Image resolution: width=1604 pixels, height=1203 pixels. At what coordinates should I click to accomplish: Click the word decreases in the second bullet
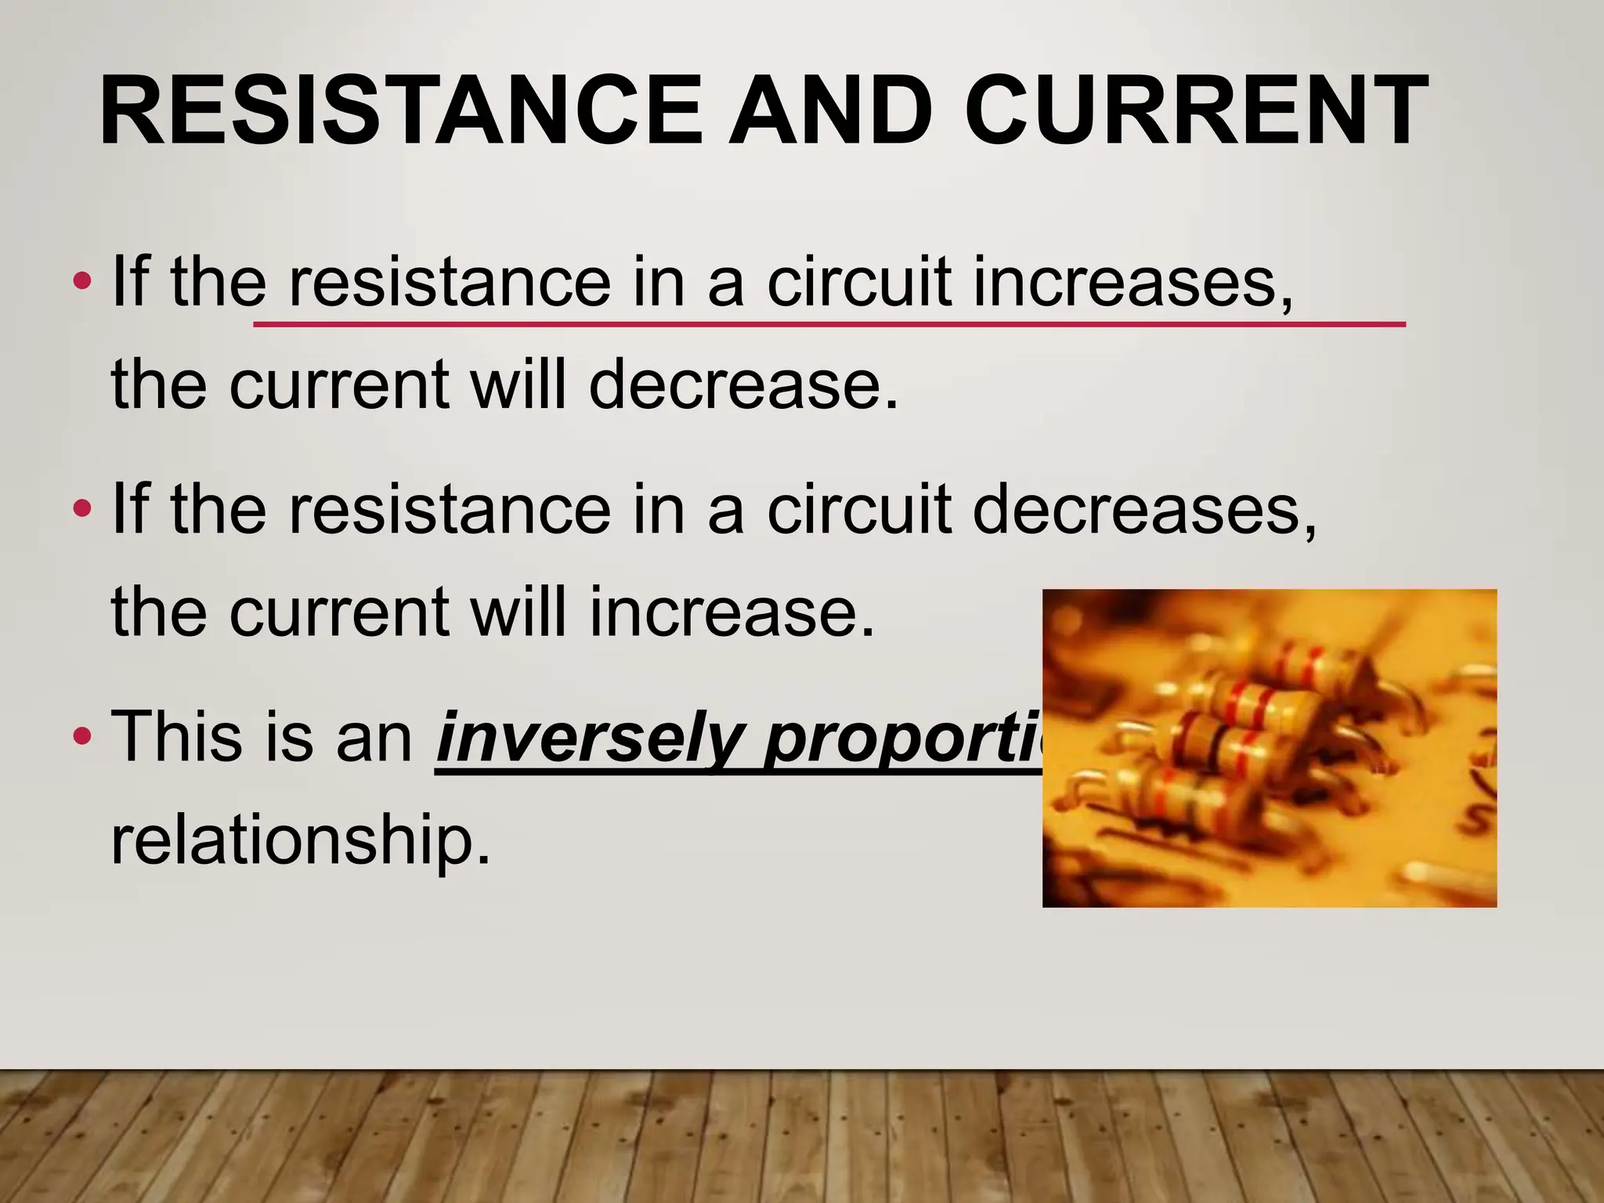[1144, 508]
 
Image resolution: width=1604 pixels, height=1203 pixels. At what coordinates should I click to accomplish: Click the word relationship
[301, 840]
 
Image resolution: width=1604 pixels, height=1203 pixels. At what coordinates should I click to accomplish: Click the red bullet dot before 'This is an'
[81, 737]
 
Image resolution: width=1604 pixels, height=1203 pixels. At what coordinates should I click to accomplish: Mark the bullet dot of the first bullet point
[81, 280]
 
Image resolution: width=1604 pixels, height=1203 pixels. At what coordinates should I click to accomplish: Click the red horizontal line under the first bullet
[829, 323]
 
